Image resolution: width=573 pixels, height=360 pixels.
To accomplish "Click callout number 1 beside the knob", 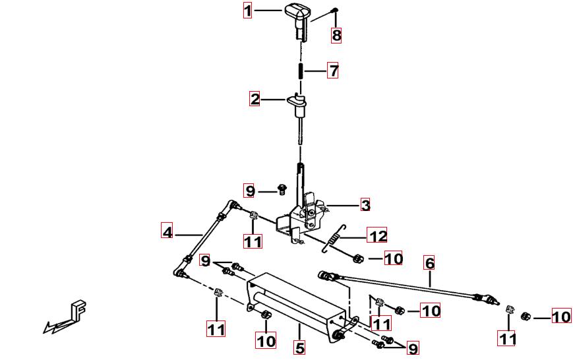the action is tap(248, 11).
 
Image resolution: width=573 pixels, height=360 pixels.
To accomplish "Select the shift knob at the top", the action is tap(296, 19).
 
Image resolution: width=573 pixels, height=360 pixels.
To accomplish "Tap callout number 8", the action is tap(336, 35).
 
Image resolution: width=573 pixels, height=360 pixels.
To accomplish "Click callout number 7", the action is tap(333, 71).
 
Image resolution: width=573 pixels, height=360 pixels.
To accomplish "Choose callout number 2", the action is tap(255, 99).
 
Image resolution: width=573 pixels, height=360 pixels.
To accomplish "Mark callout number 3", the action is tap(365, 205).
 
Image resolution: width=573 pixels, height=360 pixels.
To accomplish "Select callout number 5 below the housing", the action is tap(299, 348).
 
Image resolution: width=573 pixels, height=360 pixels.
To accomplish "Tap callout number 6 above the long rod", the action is tap(429, 263).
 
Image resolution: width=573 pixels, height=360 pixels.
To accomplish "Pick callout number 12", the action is tap(377, 235).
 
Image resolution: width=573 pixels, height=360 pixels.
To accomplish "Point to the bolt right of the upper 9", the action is tap(282, 189).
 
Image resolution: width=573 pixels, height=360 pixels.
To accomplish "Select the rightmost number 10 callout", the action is tap(561, 316).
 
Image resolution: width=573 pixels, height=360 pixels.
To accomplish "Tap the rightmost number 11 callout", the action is tap(507, 338).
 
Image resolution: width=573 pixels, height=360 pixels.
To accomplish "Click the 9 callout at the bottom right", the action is tap(413, 348).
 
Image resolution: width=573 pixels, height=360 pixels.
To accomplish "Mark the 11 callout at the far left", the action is tap(216, 328).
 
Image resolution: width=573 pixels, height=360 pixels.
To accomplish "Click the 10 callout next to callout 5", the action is tap(266, 341).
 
